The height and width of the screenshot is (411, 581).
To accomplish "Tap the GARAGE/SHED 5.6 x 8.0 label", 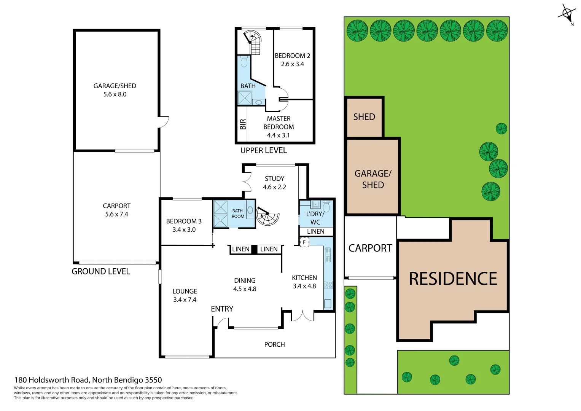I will pyautogui.click(x=115, y=90).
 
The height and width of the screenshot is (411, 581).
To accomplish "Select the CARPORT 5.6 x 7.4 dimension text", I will pyautogui.click(x=116, y=214).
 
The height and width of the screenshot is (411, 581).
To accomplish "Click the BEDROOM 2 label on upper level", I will pyautogui.click(x=292, y=56).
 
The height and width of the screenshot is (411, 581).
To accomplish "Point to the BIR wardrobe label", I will pyautogui.click(x=243, y=124).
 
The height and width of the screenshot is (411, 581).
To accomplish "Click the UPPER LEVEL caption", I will pyautogui.click(x=263, y=150).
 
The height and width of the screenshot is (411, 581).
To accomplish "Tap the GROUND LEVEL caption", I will pyautogui.click(x=101, y=271).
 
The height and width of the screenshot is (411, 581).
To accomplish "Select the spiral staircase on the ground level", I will pyautogui.click(x=267, y=216).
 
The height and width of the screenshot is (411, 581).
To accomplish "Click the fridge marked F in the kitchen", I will pyautogui.click(x=304, y=242).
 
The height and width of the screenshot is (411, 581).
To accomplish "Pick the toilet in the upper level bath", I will pyautogui.click(x=244, y=61).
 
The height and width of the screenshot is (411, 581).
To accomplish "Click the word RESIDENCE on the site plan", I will pyautogui.click(x=453, y=279).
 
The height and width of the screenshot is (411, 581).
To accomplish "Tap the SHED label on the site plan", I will pyautogui.click(x=364, y=117).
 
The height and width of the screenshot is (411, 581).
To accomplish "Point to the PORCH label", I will pyautogui.click(x=274, y=344).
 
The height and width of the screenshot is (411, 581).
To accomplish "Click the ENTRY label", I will pyautogui.click(x=222, y=309).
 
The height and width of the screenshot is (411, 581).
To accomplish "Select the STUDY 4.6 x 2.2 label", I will pyautogui.click(x=274, y=183).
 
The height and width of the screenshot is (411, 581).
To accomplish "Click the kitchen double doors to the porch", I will pyautogui.click(x=302, y=315).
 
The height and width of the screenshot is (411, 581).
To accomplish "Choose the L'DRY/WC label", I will pyautogui.click(x=315, y=218).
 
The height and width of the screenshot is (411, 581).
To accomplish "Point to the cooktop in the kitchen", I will pyautogui.click(x=328, y=285).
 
